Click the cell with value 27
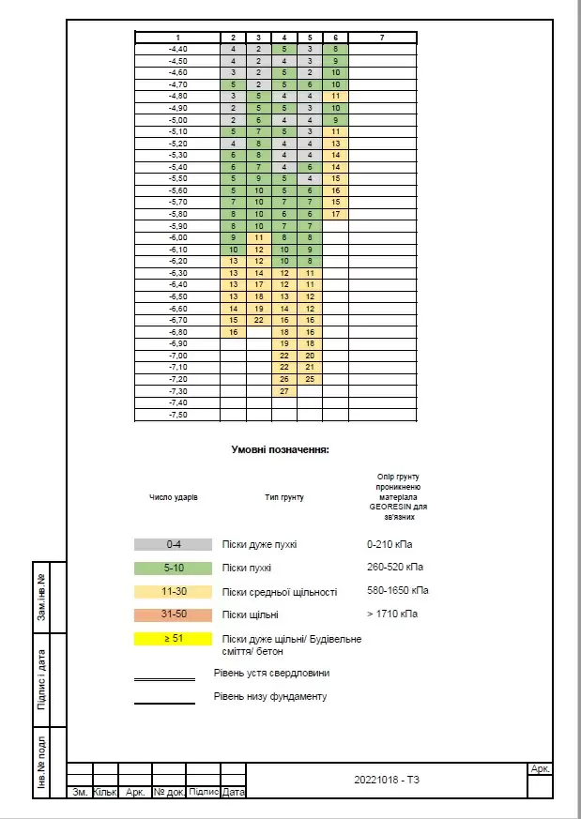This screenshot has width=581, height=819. pos(284,391)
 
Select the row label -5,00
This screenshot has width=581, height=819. pos(177,120)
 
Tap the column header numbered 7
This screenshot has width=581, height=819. pos(381,37)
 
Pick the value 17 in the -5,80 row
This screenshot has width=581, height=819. pos(335,214)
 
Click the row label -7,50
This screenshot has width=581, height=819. pos(177,415)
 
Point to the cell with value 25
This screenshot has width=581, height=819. pos(310,379)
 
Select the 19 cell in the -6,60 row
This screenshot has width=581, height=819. pos(259,308)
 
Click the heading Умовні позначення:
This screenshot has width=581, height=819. pos(280,450)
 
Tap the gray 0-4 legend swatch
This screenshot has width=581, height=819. pos(174,544)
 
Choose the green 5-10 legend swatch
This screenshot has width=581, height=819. pos(174,569)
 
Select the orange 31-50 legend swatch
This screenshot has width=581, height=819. pos(174,615)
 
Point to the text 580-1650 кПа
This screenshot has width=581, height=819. pos(398,591)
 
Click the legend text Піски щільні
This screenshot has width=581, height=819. pos(251,615)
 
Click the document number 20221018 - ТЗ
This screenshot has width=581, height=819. pos(388,781)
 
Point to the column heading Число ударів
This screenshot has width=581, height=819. pos(174,496)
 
